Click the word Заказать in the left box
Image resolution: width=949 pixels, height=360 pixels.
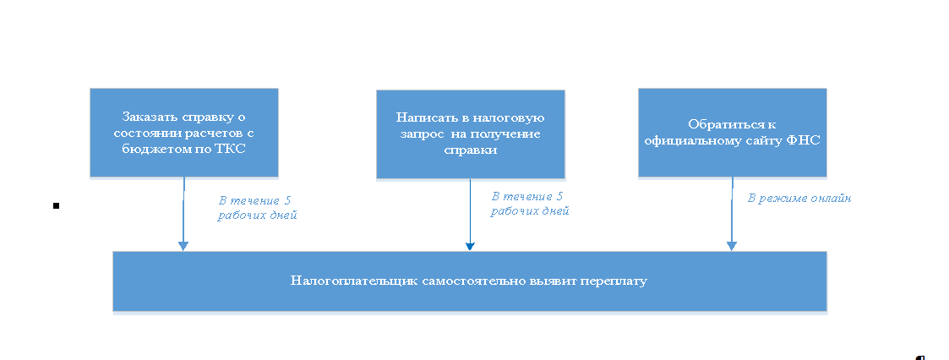(146, 116)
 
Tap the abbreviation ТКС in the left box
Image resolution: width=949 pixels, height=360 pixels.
(241, 149)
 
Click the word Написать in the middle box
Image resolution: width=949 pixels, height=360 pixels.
(423, 117)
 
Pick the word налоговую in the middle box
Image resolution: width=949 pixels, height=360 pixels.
(516, 117)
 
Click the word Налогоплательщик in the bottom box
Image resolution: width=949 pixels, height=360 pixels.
(343, 281)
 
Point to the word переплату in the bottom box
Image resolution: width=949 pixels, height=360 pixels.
(615, 281)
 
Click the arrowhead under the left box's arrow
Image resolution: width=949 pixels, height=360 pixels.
(183, 245)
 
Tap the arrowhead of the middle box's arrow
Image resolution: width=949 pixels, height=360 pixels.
(470, 246)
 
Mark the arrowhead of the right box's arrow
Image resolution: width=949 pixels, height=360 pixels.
(732, 245)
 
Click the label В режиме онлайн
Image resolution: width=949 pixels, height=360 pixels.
(799, 198)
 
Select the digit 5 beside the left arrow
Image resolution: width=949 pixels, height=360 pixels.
(287, 200)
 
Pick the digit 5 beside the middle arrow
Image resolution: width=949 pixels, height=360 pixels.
(559, 196)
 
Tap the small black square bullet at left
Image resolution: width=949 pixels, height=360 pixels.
(56, 205)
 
